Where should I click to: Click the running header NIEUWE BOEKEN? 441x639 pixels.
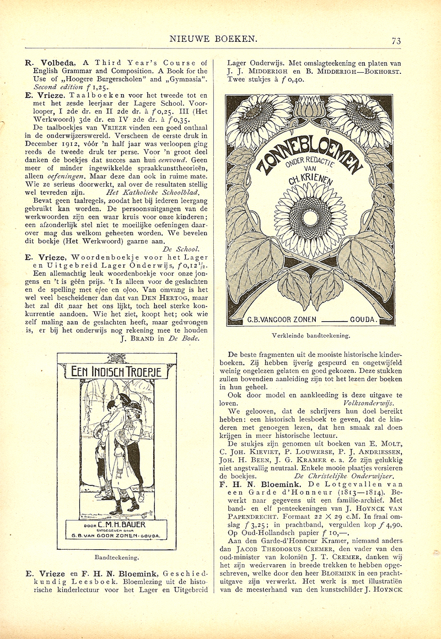215,39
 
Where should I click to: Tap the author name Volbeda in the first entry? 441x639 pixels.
56,62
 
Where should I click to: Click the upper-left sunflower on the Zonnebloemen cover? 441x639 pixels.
262,117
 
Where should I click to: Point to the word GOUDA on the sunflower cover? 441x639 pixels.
362,319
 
